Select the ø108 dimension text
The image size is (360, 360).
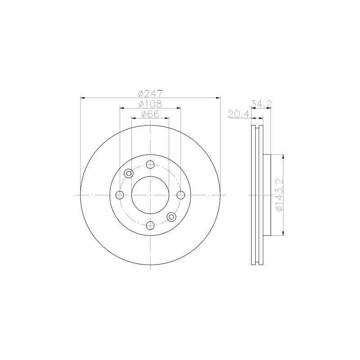tap(150, 104)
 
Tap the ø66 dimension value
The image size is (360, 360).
tap(150, 114)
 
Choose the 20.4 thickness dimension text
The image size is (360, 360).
tap(238, 114)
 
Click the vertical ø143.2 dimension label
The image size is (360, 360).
tap(279, 195)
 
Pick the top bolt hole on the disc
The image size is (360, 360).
tap(150, 164)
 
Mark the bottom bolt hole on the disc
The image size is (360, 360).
tap(150, 225)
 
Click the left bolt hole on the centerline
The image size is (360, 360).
tap(120, 195)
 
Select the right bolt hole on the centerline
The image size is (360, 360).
tap(180, 195)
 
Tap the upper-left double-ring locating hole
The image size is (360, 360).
tap(129, 173)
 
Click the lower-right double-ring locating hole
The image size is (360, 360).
tap(171, 217)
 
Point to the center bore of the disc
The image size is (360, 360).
tap(150, 195)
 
